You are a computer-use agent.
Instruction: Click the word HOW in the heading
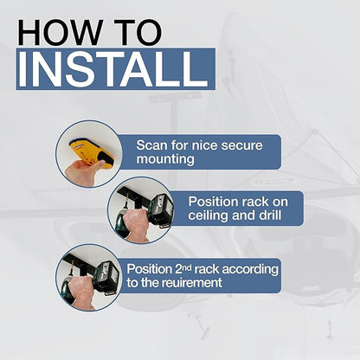pyautogui.click(x=61, y=32)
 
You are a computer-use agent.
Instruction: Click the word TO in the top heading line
pyautogui.click(x=138, y=32)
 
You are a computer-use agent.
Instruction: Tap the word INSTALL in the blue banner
pyautogui.click(x=113, y=69)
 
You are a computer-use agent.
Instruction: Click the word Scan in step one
pyautogui.click(x=151, y=145)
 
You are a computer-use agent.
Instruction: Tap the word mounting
pyautogui.click(x=165, y=159)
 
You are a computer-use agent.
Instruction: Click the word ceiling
pyautogui.click(x=209, y=215)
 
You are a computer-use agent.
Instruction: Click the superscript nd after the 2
pyautogui.click(x=187, y=267)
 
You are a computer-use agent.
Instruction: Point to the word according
pyautogui.click(x=250, y=269)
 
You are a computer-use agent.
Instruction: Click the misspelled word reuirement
pyautogui.click(x=191, y=283)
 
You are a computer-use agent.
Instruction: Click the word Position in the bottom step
pyautogui.click(x=150, y=269)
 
